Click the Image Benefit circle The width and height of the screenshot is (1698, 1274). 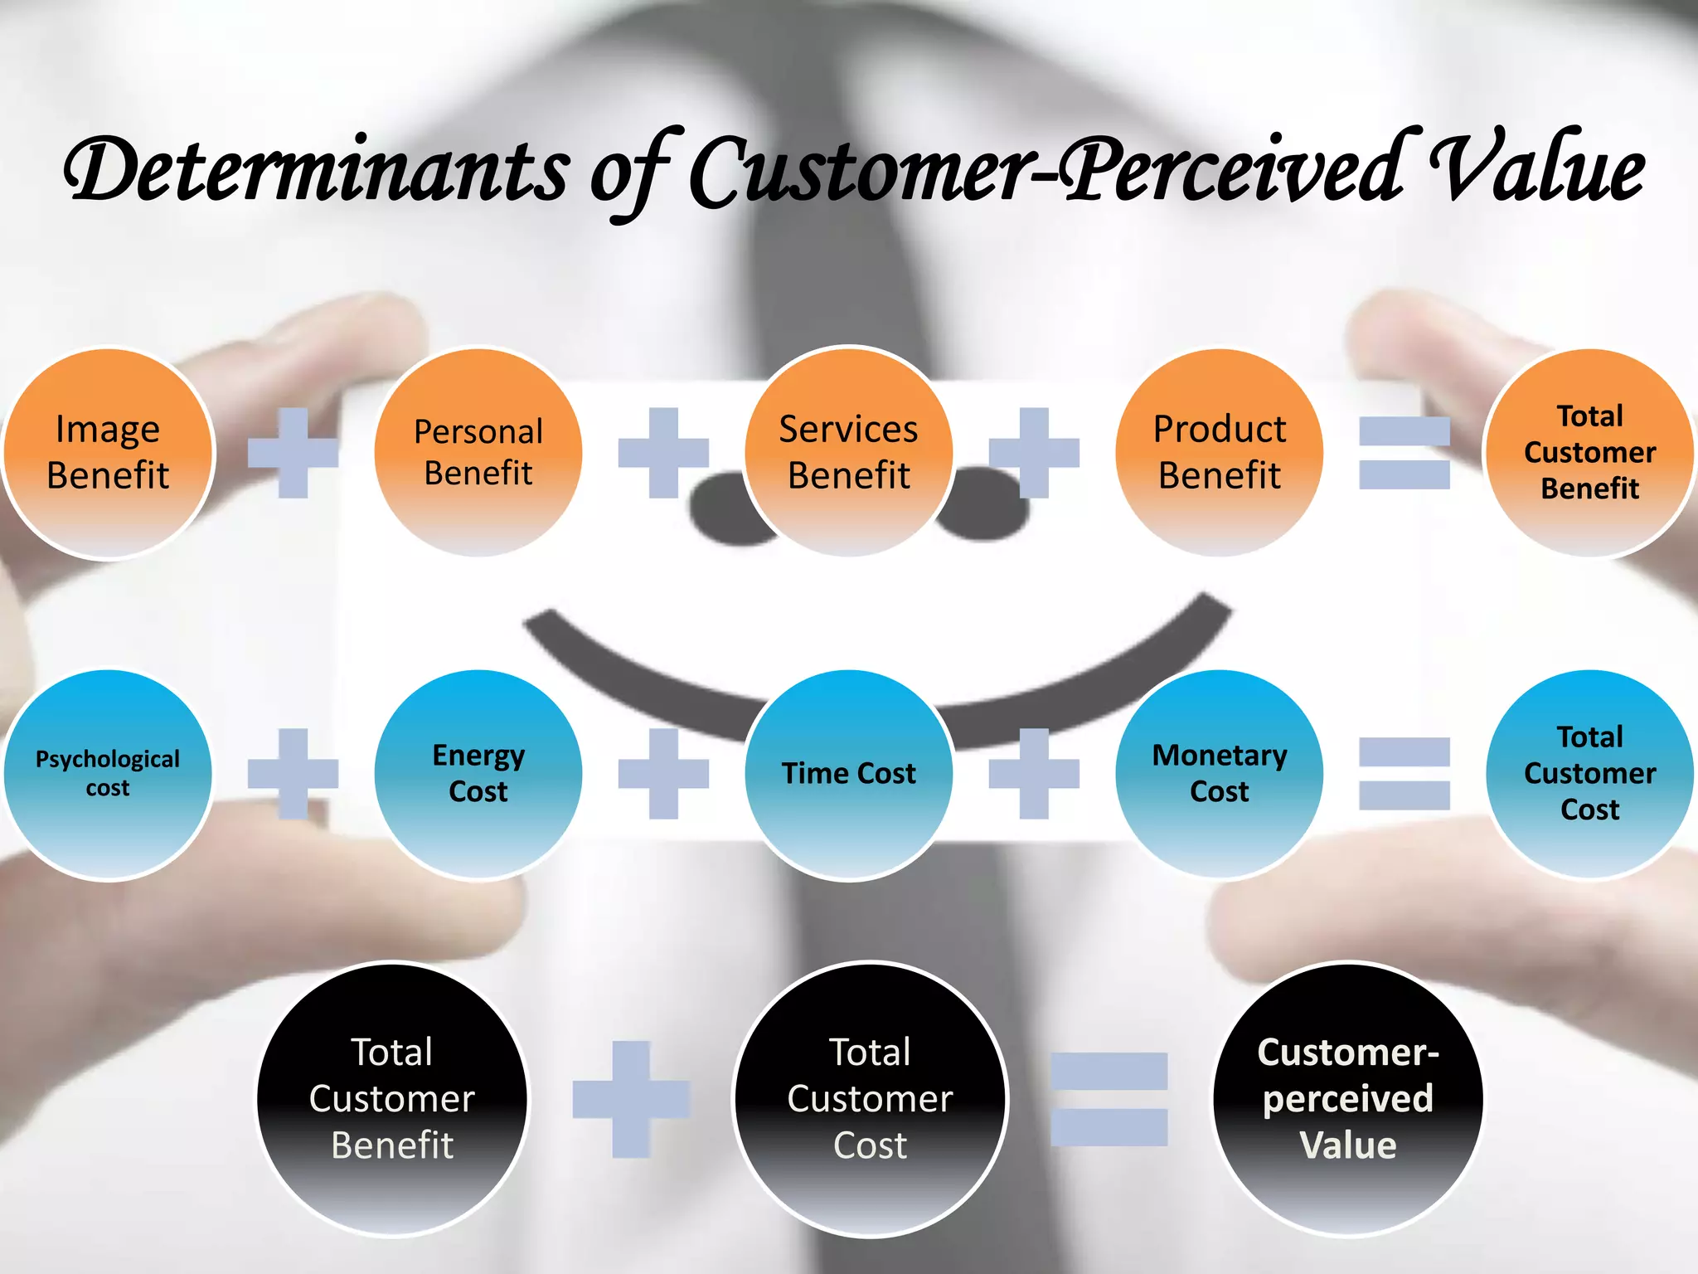(x=108, y=453)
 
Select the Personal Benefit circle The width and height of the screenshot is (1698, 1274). (x=478, y=453)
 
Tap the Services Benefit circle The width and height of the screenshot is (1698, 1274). (x=849, y=453)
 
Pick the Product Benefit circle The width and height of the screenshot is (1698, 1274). (x=1220, y=453)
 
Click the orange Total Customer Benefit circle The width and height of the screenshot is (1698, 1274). (x=1589, y=453)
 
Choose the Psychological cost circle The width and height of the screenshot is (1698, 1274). (x=108, y=774)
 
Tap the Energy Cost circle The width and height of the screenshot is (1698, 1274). (x=478, y=774)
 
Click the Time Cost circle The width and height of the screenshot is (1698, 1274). (x=849, y=774)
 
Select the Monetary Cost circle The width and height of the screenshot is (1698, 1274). (x=1220, y=774)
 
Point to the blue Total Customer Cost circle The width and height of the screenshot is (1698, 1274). (x=1589, y=774)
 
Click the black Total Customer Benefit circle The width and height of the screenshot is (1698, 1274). (x=392, y=1099)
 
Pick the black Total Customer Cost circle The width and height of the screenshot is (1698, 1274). (x=871, y=1099)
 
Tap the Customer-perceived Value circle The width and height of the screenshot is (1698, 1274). (x=1348, y=1099)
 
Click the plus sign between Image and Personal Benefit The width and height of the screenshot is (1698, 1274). (x=294, y=453)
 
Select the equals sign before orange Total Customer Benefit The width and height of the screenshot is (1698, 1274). (x=1404, y=453)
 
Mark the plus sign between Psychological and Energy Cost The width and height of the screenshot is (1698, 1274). (x=294, y=774)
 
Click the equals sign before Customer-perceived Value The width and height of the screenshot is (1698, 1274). (x=1109, y=1099)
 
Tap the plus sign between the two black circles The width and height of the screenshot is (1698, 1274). (x=631, y=1099)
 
